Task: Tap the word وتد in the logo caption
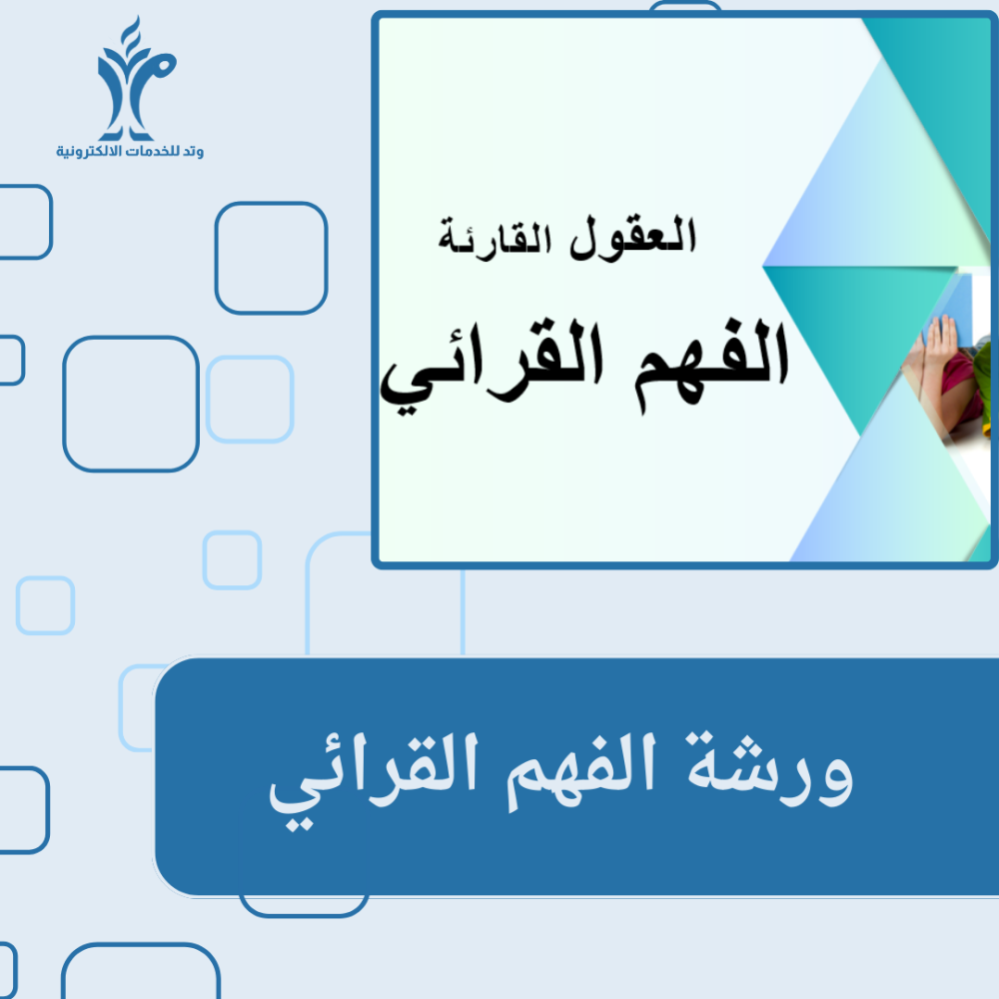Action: click(193, 151)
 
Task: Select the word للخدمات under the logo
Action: click(154, 151)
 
